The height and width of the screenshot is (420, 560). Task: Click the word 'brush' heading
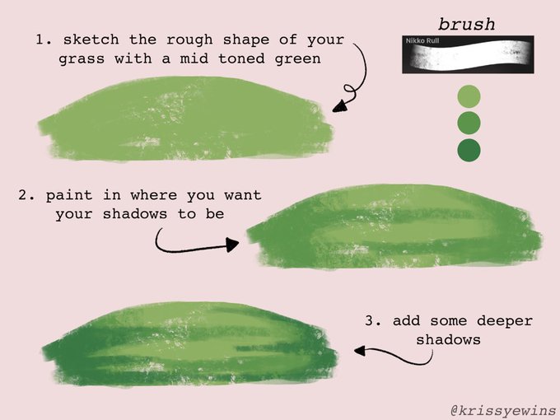point(467,25)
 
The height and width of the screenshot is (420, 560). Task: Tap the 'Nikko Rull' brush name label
point(422,40)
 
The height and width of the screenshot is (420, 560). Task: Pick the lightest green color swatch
point(469,96)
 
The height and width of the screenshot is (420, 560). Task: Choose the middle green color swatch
point(469,123)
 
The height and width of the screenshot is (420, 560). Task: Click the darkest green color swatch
point(469,150)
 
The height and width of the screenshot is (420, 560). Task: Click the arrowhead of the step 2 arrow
point(232,245)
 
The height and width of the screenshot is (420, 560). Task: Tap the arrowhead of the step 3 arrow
point(360,351)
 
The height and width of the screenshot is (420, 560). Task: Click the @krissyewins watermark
point(503,410)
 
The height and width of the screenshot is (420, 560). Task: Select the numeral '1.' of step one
point(44,40)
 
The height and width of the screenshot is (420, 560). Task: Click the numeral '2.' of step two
point(26,195)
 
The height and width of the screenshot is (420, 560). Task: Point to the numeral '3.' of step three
point(373,320)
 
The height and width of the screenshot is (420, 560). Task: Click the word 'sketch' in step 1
point(91,40)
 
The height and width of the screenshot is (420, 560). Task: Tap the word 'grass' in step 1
point(82,59)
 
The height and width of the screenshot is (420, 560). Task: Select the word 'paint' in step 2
point(69,195)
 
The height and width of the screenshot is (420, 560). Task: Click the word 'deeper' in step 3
point(505,321)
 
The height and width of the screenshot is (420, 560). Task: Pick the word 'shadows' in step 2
point(135,214)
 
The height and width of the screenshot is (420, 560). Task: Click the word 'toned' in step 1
point(241,58)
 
